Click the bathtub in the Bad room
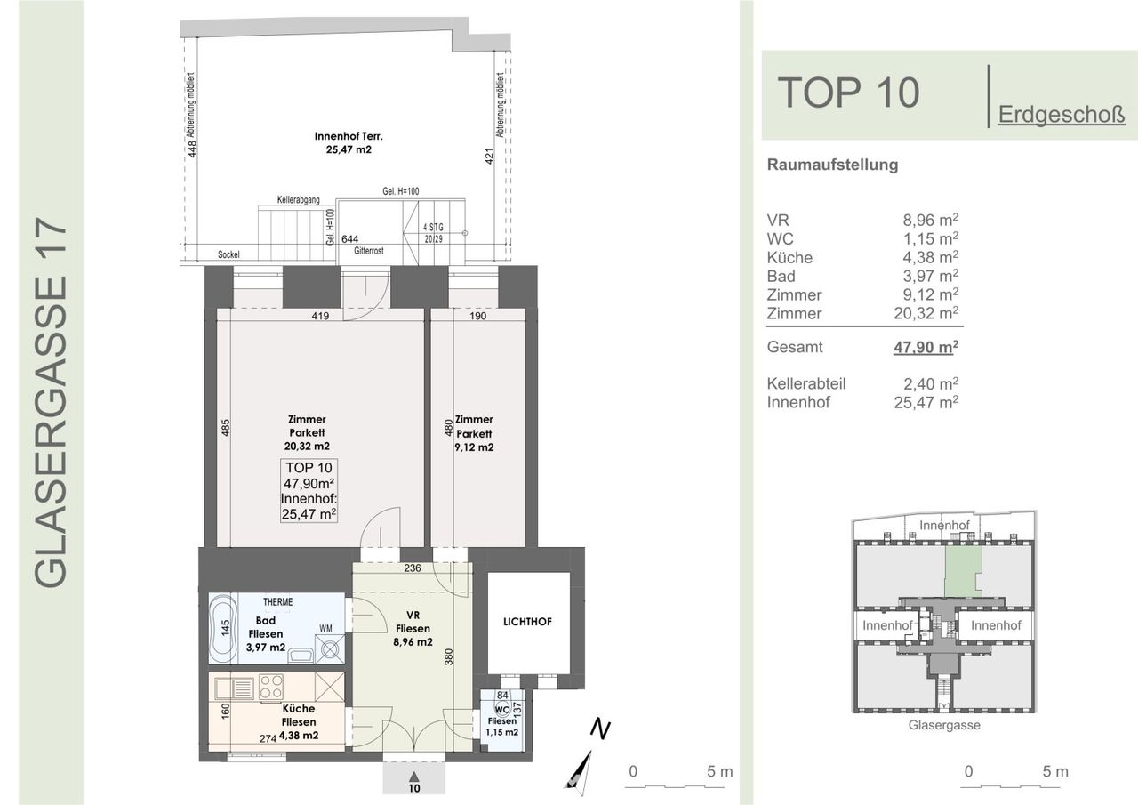tap(223, 629)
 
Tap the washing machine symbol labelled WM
tap(330, 649)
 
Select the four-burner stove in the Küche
tap(271, 687)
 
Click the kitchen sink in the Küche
tap(235, 688)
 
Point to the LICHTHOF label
tap(527, 622)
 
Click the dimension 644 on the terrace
tap(349, 239)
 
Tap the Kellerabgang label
tap(298, 200)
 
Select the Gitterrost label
tap(369, 251)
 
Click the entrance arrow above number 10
tap(414, 776)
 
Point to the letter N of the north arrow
tap(600, 729)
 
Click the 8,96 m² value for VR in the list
tap(930, 220)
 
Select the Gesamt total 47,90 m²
tap(926, 347)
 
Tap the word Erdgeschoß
tap(1062, 115)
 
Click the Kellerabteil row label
tap(806, 383)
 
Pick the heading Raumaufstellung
tap(833, 165)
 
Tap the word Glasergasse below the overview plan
tap(944, 725)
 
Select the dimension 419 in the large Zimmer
tap(320, 316)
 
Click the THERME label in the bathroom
tap(278, 602)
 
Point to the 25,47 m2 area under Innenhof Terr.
tap(349, 149)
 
